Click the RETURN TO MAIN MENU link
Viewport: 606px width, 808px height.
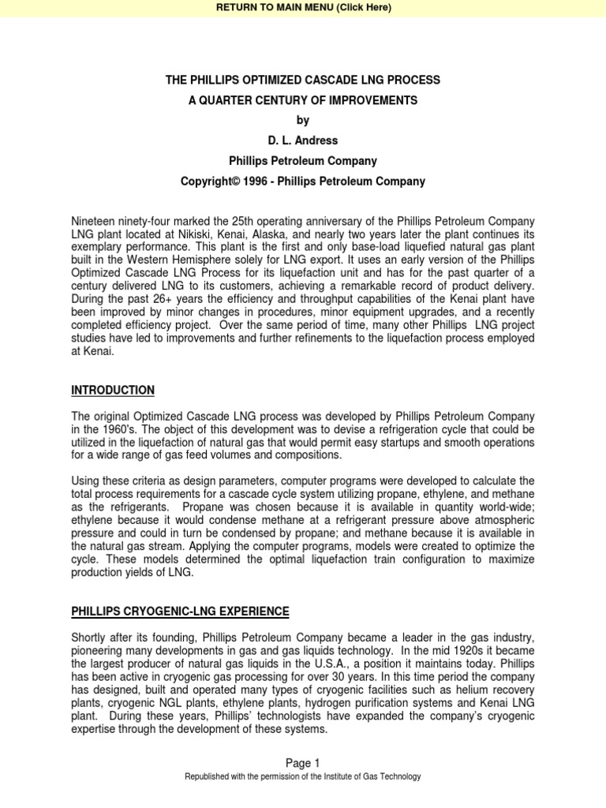(302, 8)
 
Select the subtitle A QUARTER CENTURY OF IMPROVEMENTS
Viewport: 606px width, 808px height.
(302, 100)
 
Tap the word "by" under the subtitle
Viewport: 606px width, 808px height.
(302, 120)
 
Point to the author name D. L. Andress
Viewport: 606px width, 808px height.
(302, 140)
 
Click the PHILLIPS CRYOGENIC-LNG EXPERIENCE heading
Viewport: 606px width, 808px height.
(180, 612)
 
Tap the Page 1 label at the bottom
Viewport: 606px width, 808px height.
(302, 762)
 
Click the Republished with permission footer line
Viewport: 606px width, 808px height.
(302, 776)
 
